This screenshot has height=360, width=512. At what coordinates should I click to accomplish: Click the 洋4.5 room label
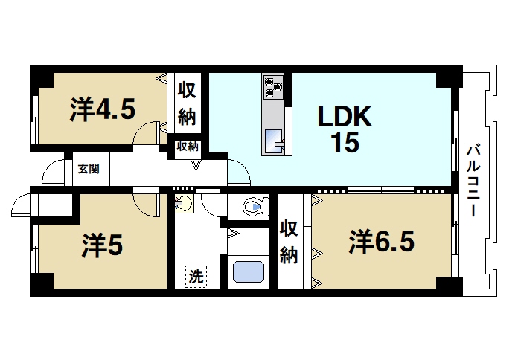point(103,109)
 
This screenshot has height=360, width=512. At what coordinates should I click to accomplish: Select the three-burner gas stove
point(273,88)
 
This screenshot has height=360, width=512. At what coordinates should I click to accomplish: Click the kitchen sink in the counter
point(273,138)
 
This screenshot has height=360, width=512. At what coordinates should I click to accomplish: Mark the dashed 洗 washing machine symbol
point(196,276)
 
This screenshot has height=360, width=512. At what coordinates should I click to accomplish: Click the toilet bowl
point(256,206)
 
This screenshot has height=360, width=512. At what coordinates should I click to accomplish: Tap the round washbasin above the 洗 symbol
point(184,202)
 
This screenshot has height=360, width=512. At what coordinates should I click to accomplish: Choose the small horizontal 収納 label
point(187,147)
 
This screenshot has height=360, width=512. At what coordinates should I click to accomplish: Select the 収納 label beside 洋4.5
point(187,104)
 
